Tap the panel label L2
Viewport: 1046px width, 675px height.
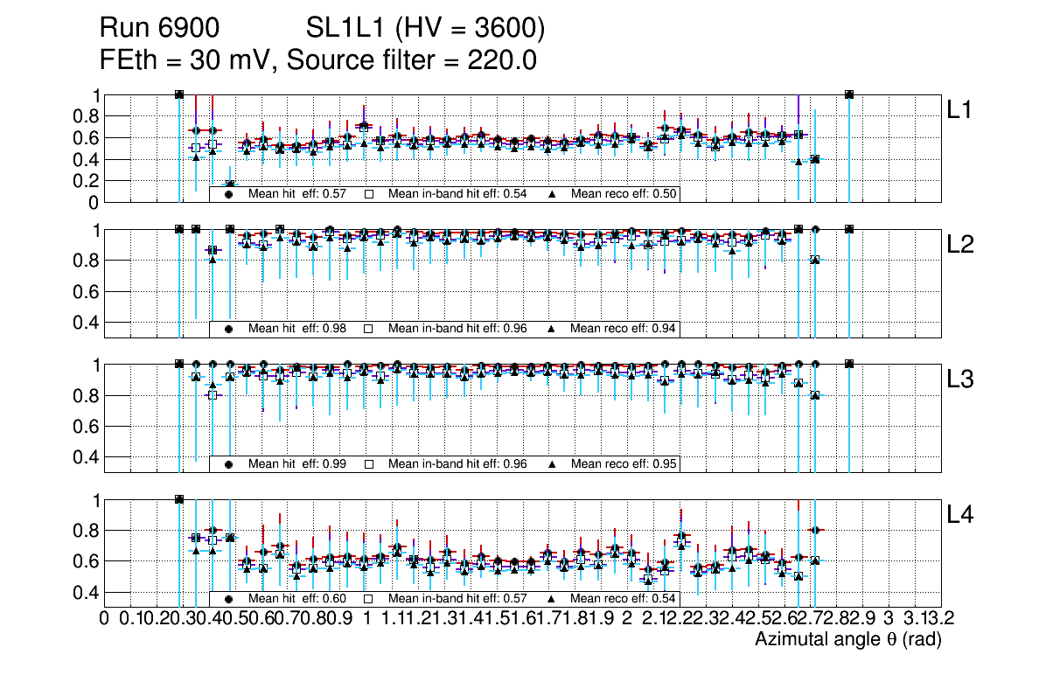coord(962,246)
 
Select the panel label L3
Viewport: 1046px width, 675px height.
coord(962,380)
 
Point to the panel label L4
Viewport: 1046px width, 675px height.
coord(962,516)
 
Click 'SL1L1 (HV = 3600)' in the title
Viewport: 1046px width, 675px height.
coord(426,29)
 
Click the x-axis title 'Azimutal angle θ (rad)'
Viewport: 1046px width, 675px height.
coord(847,640)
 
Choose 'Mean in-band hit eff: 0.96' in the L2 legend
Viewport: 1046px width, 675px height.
coord(457,329)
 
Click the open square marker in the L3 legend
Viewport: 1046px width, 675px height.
coord(369,464)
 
